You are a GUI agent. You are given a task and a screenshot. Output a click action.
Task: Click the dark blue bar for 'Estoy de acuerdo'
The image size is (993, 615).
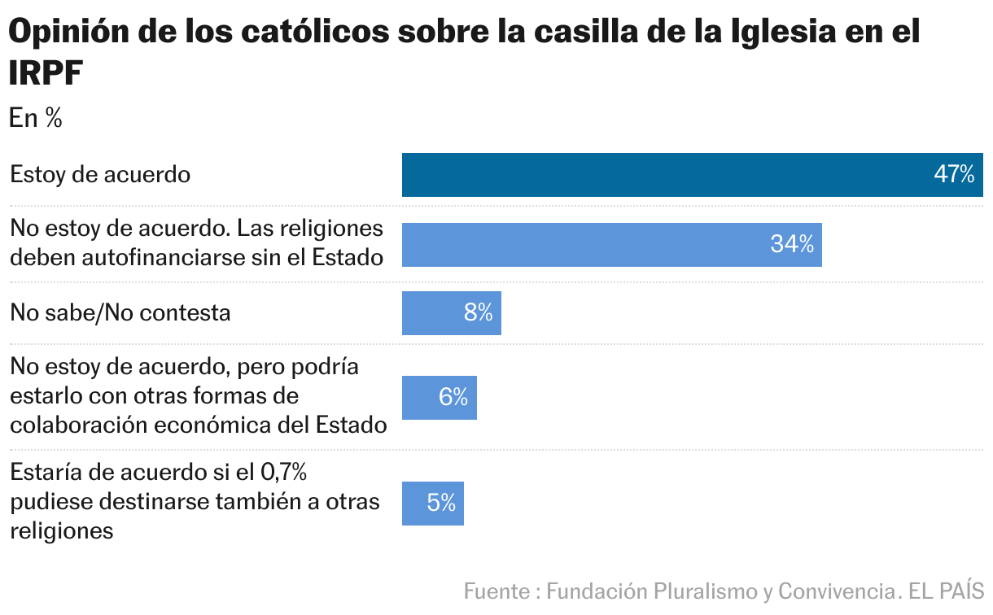pos(692,175)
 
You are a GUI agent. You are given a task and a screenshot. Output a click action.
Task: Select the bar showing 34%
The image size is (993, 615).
pos(611,244)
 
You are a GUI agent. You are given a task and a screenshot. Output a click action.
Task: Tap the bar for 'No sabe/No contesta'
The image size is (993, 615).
pos(451,313)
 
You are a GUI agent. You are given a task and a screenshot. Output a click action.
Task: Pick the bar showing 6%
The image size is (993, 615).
pos(439,397)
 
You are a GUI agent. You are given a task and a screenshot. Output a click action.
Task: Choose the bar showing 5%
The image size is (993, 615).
pos(432,504)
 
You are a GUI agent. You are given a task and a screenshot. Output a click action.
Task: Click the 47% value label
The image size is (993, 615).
pos(954,175)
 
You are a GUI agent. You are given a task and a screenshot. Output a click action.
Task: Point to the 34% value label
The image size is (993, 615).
pos(792,244)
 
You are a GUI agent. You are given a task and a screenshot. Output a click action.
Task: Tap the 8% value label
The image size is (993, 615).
pos(479,313)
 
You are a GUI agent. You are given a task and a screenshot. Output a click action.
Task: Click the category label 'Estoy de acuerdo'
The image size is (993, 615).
pos(100,175)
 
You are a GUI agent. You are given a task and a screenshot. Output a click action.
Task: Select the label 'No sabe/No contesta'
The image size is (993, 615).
pos(120,313)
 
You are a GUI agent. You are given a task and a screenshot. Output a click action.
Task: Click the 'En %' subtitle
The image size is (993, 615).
pos(36,119)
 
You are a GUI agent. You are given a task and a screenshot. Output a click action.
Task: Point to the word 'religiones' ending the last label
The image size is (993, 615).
pos(61,531)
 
